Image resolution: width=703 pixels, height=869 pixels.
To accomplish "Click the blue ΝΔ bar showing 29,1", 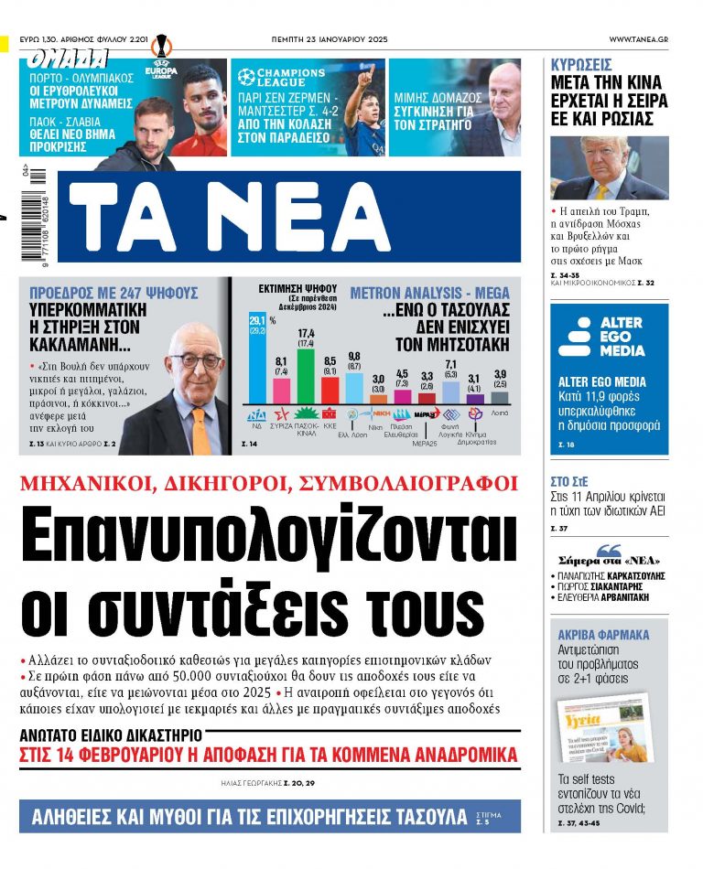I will click(256, 368).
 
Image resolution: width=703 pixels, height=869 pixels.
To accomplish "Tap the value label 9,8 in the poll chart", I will click(354, 355).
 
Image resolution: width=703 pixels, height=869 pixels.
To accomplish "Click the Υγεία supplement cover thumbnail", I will click(605, 728).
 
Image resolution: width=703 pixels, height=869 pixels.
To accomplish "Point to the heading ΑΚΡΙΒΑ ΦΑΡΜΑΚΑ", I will click(603, 634).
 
